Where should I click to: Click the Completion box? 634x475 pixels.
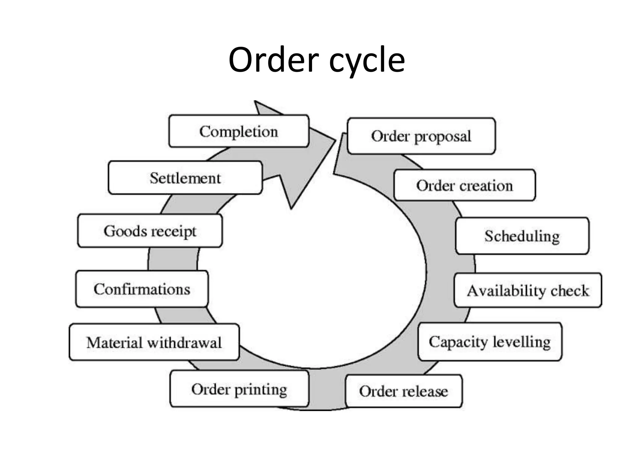[x=239, y=131]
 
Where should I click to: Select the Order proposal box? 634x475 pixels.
[x=421, y=136]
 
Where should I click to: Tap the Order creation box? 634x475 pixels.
[x=464, y=185]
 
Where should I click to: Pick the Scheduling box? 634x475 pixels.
[x=522, y=236]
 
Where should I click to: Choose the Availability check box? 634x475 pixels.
[x=528, y=290]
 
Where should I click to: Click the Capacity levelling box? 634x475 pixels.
[x=490, y=342]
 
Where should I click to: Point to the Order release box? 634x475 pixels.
[x=403, y=391]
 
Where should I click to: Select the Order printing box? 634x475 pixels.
[x=239, y=389]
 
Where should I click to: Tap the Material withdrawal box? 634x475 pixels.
[x=154, y=342]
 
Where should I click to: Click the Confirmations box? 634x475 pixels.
[x=142, y=289]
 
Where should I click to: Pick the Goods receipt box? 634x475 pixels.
[x=150, y=231]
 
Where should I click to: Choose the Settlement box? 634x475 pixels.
[x=185, y=178]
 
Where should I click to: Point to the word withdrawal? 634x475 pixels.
[x=184, y=343]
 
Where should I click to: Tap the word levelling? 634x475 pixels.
[x=522, y=342]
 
